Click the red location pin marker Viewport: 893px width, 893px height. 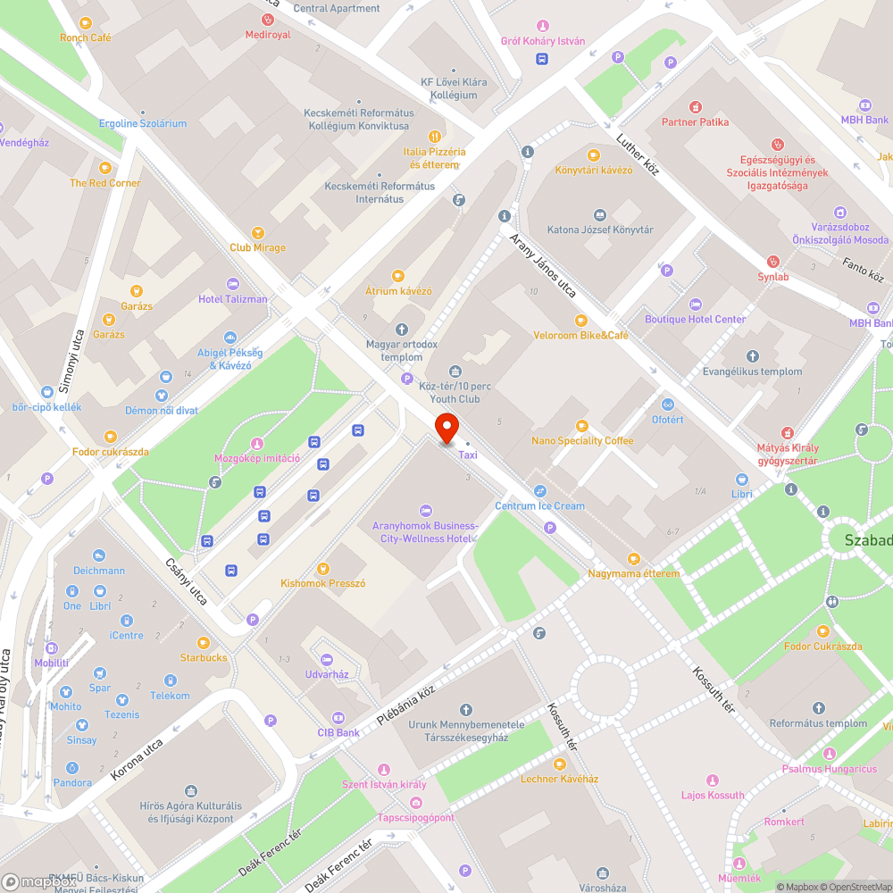coord(446,428)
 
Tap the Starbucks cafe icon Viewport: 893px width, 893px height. coord(204,643)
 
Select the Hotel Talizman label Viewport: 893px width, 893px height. coord(232,299)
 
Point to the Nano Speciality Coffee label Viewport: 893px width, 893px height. coord(582,441)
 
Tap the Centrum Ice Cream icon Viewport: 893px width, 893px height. coord(540,491)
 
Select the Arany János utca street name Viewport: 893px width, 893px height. coord(542,265)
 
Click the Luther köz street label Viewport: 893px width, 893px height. coord(638,154)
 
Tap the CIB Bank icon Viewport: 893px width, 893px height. coord(338,718)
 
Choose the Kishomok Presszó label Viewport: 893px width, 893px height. coord(323,583)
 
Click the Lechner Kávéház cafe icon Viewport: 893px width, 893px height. coord(559,764)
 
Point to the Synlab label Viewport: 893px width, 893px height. coord(773,277)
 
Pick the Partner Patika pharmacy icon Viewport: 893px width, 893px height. coord(695,106)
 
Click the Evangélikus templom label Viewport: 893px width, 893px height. coord(752,371)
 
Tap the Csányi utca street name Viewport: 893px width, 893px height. coord(187,581)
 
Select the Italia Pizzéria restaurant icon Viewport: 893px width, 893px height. coord(434,137)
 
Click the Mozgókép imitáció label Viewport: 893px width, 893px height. coord(256,459)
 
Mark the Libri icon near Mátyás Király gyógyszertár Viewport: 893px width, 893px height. coord(741,480)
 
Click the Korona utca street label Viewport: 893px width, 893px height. coord(137,759)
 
